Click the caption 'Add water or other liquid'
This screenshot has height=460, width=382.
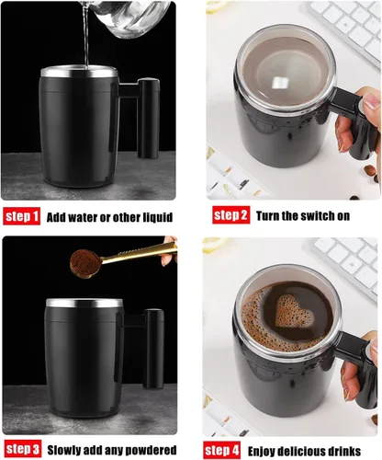[x=110, y=218]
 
